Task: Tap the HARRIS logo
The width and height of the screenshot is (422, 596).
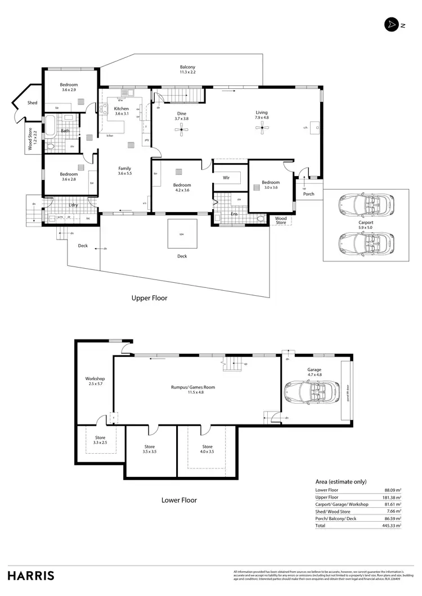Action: pyautogui.click(x=31, y=575)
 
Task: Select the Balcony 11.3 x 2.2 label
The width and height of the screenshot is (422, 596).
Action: pyautogui.click(x=187, y=69)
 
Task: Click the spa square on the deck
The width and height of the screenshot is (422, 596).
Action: pyautogui.click(x=182, y=233)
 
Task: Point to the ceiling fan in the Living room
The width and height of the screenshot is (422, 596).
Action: pyautogui.click(x=261, y=129)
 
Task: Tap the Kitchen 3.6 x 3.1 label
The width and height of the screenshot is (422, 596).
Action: pyautogui.click(x=122, y=111)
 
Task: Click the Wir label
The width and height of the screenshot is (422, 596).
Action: pyautogui.click(x=226, y=178)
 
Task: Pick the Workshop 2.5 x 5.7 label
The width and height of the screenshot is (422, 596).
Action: pyautogui.click(x=96, y=382)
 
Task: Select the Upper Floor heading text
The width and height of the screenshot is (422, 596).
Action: pyautogui.click(x=149, y=298)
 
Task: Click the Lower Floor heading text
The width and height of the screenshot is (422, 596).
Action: pyautogui.click(x=179, y=500)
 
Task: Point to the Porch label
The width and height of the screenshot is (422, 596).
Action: pyautogui.click(x=308, y=195)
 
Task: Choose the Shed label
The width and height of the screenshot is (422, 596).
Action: pyautogui.click(x=32, y=103)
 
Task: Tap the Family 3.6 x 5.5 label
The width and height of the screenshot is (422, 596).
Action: pyautogui.click(x=124, y=171)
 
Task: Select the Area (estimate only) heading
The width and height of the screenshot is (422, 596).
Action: pyautogui.click(x=340, y=482)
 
